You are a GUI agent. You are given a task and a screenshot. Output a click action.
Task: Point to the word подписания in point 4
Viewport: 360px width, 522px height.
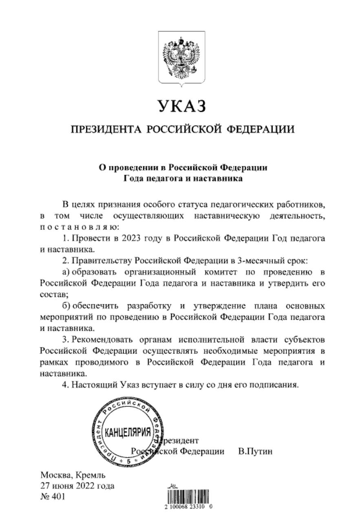(276, 384)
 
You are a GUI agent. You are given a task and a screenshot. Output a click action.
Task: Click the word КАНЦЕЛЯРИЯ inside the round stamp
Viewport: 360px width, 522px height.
(128, 432)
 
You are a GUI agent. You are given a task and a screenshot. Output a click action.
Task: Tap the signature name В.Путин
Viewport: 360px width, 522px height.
(255, 451)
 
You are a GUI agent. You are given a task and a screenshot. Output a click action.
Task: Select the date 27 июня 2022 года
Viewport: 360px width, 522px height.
(77, 486)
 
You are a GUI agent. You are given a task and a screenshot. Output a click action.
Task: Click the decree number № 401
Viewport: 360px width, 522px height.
(53, 497)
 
